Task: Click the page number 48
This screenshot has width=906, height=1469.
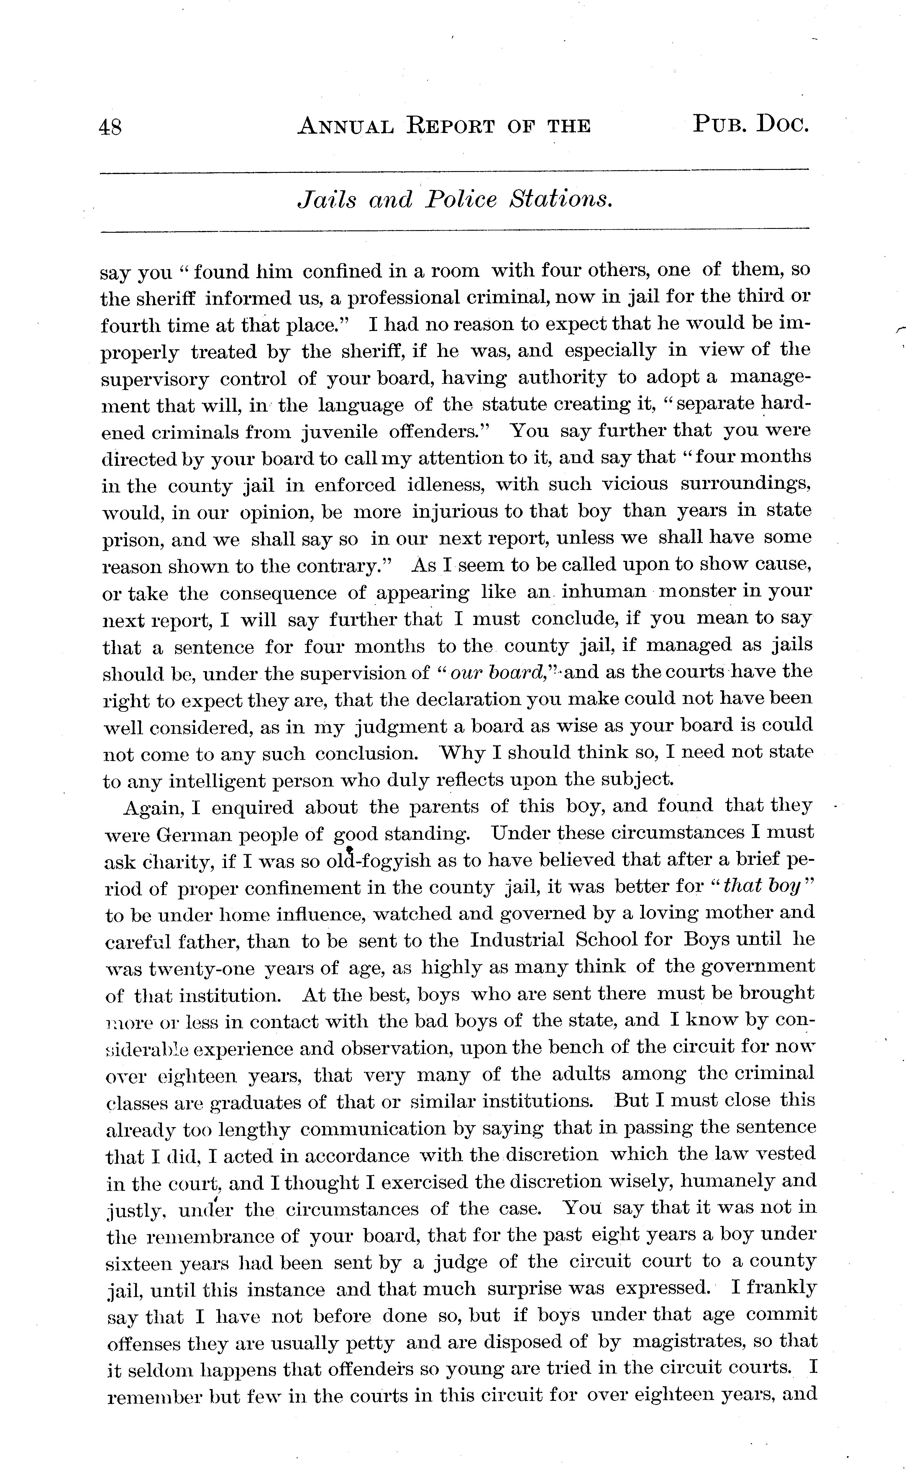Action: tap(111, 127)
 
